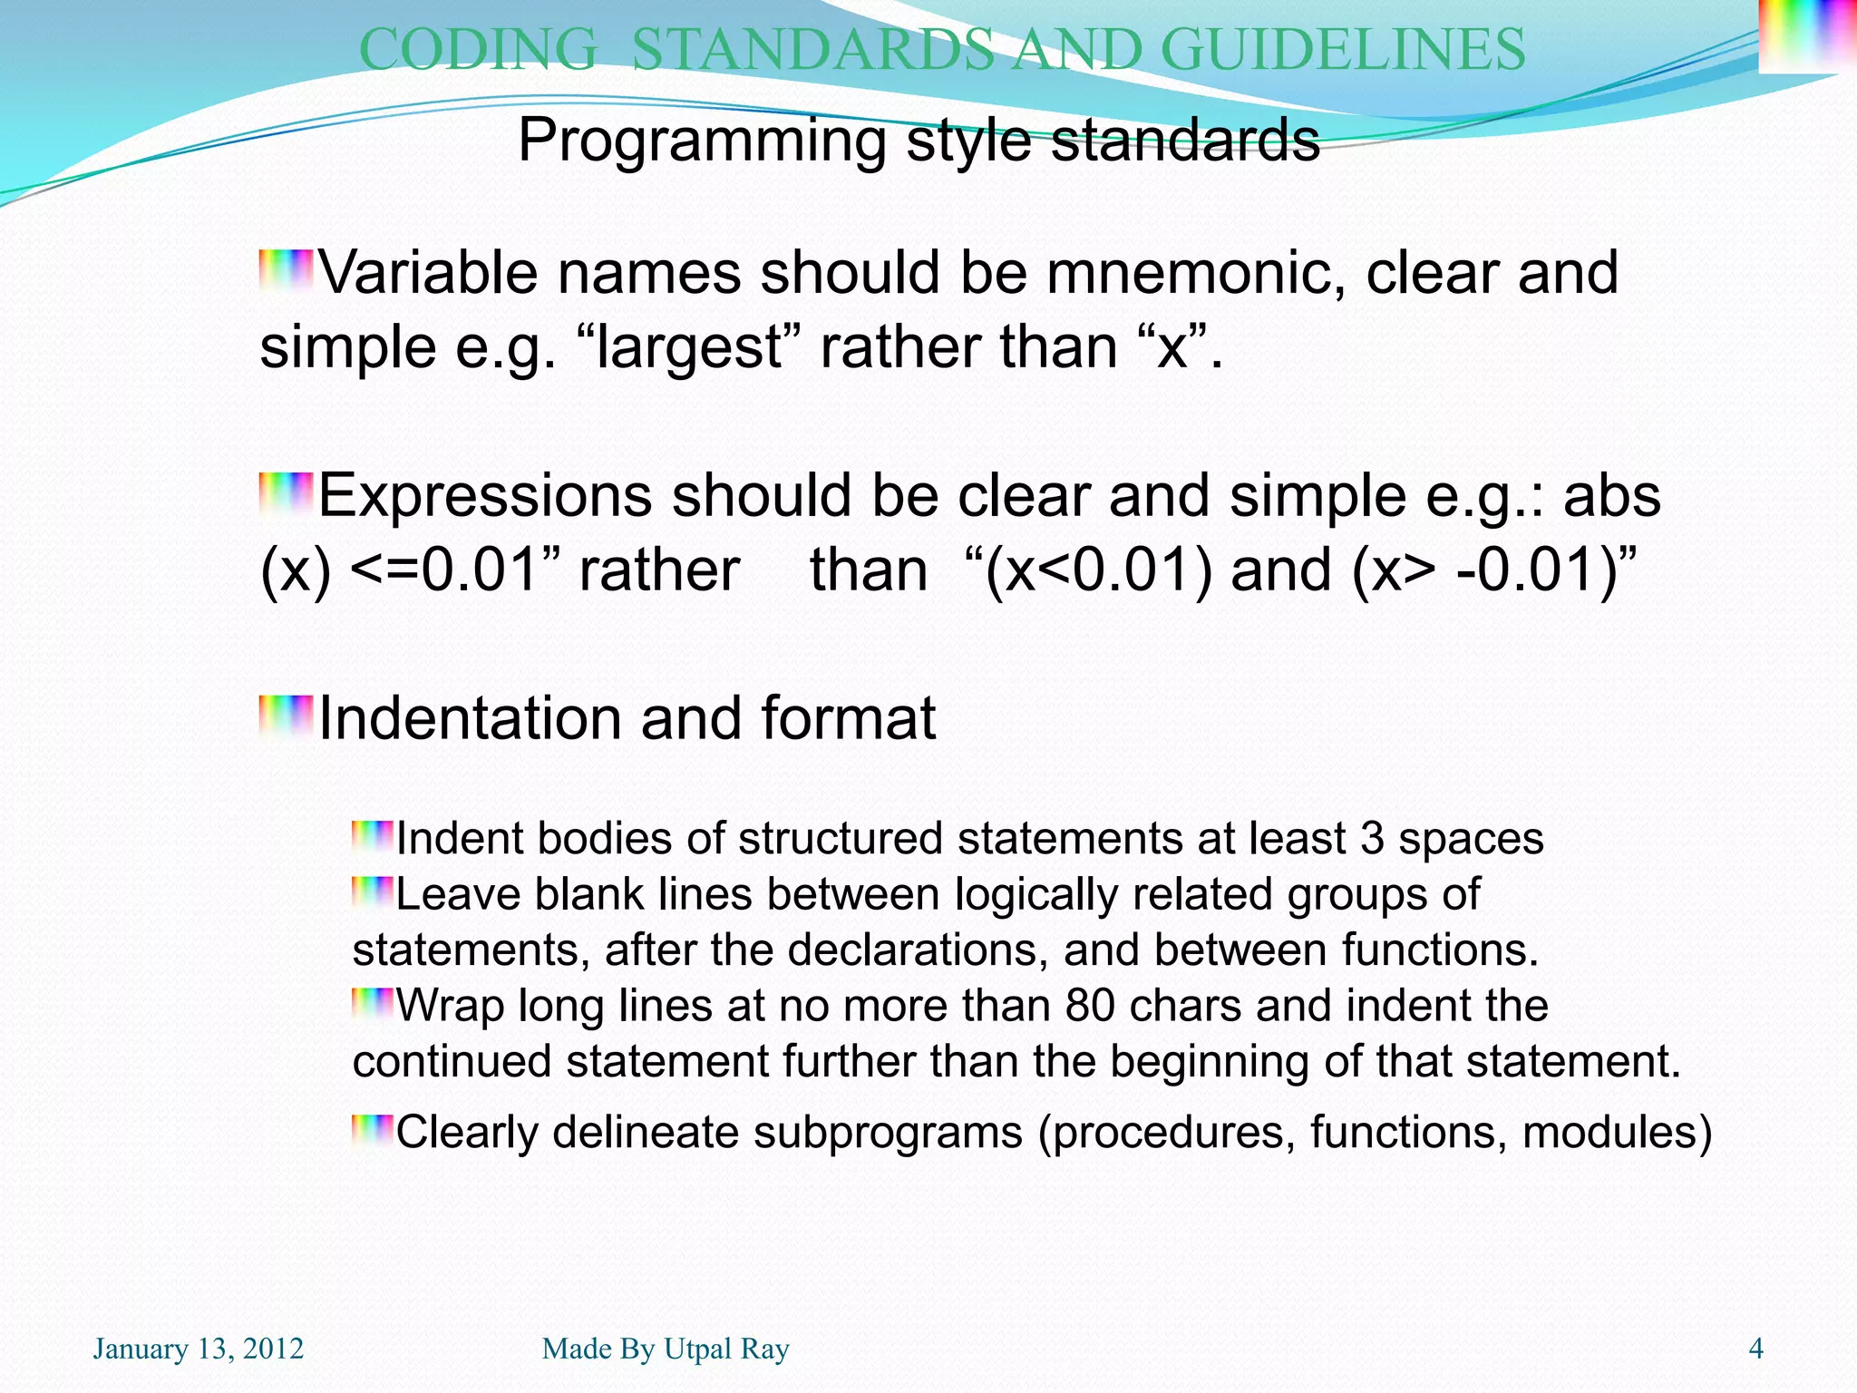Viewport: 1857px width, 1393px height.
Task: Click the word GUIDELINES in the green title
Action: pyautogui.click(x=1343, y=49)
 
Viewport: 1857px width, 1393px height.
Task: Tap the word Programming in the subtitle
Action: pyautogui.click(x=702, y=141)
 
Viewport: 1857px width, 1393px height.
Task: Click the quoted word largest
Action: pyautogui.click(x=689, y=348)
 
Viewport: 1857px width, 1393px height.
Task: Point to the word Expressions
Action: pyautogui.click(x=485, y=496)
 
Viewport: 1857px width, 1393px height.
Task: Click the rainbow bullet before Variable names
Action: pyautogui.click(x=286, y=270)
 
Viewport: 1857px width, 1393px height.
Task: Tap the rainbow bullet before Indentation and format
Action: pyautogui.click(x=286, y=716)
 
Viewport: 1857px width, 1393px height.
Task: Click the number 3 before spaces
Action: pyautogui.click(x=1371, y=839)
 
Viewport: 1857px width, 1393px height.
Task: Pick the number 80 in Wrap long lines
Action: pyautogui.click(x=1090, y=1006)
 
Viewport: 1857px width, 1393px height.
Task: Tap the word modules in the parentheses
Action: pyautogui.click(x=1608, y=1133)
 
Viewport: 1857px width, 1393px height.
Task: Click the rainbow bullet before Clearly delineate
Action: pyautogui.click(x=373, y=1131)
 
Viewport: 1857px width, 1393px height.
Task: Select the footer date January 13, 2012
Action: pyautogui.click(x=198, y=1349)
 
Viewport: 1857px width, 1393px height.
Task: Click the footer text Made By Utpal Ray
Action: pyautogui.click(x=665, y=1349)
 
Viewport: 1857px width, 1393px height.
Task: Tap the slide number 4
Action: pyautogui.click(x=1755, y=1349)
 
